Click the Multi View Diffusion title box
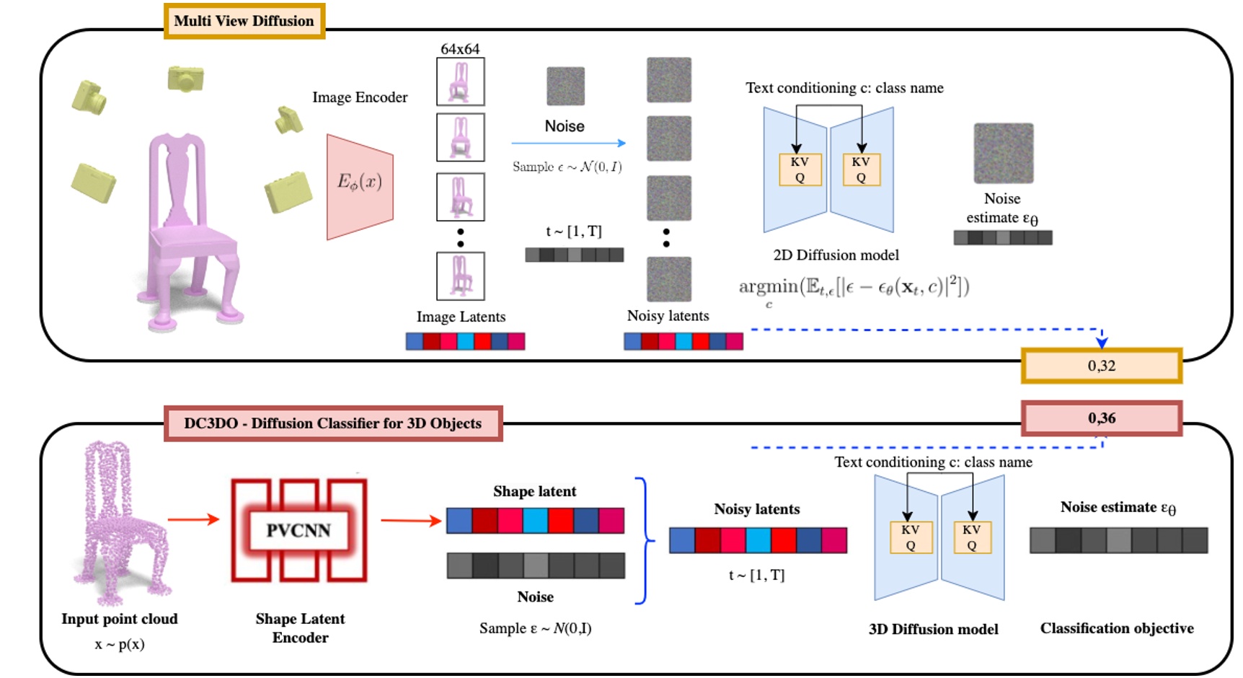click(244, 21)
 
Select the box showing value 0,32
click(1101, 366)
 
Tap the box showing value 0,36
click(1101, 418)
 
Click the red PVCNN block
click(298, 530)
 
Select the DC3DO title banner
click(332, 423)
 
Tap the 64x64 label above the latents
click(460, 49)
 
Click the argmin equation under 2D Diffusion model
click(854, 288)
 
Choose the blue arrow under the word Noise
click(568, 144)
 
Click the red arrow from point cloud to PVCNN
click(193, 519)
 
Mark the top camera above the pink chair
click(185, 78)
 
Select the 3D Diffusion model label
click(933, 629)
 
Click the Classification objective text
click(1116, 628)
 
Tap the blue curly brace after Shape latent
click(643, 540)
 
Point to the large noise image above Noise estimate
click(1003, 153)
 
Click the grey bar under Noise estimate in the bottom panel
click(1118, 540)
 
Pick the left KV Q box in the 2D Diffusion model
click(800, 170)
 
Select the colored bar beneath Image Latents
click(465, 341)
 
